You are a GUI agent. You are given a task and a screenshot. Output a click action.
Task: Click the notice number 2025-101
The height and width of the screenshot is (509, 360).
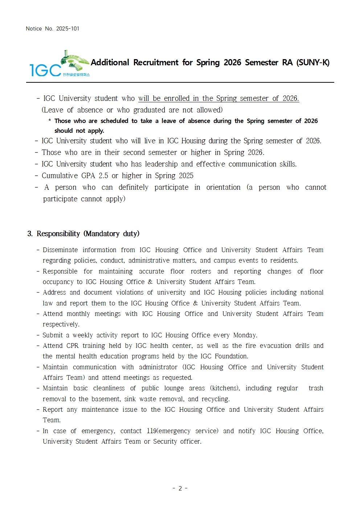click(x=67, y=29)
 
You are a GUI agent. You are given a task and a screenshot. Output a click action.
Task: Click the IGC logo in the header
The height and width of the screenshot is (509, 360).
click(x=59, y=64)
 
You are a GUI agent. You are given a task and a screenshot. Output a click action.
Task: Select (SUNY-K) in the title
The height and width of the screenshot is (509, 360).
click(x=313, y=62)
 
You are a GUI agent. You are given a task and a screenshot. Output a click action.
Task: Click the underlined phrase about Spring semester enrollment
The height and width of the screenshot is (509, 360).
click(x=218, y=98)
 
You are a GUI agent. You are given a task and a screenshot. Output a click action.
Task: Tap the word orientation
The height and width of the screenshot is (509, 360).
click(x=223, y=187)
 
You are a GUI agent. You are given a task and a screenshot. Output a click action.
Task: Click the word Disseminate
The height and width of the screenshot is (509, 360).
click(x=60, y=250)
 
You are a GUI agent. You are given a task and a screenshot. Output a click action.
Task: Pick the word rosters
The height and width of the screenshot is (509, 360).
click(x=201, y=271)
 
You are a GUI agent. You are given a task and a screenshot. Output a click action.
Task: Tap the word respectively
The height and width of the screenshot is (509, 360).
click(x=61, y=324)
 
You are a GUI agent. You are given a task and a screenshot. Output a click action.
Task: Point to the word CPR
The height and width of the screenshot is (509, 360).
click(x=72, y=346)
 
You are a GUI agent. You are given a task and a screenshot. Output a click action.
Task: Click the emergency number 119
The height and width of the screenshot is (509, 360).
click(x=152, y=431)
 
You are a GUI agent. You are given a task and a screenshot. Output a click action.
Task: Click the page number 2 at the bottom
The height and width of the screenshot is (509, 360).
click(x=180, y=488)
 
